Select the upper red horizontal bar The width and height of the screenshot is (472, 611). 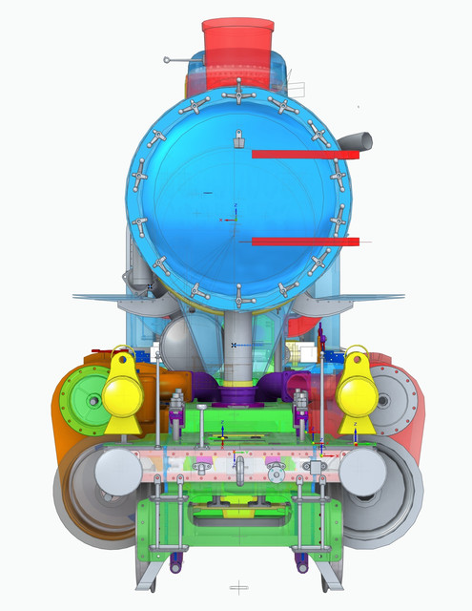coord(303,153)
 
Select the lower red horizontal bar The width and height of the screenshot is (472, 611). coord(303,242)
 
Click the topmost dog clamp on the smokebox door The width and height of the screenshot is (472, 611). coord(236,94)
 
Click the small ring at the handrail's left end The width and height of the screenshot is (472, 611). coord(167,60)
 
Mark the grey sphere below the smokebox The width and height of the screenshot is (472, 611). coord(182,340)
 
